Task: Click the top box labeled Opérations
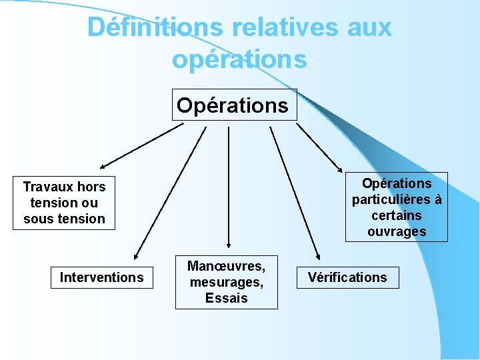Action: pos(233,105)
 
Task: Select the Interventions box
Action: pos(101,277)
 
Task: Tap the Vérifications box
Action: pos(347,277)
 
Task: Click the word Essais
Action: pos(227,298)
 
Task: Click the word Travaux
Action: pos(49,187)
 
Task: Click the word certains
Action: pos(396,215)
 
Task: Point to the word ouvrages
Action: pos(396,231)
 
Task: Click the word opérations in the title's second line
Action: pos(239,59)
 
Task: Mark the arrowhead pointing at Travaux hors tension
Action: pos(103,165)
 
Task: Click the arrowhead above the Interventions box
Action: pos(135,255)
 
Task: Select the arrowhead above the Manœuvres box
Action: pos(229,245)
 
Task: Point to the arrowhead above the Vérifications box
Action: pos(317,255)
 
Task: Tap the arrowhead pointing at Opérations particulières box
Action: pos(339,169)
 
